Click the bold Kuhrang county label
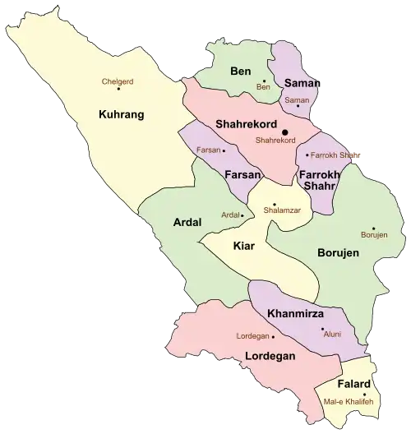click(121, 114)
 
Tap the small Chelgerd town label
click(117, 81)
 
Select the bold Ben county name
click(241, 72)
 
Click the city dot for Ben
click(264, 81)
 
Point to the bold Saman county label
click(302, 83)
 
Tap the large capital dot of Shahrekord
click(285, 132)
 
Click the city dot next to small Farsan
click(224, 151)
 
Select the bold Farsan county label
click(243, 175)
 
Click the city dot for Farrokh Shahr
click(307, 155)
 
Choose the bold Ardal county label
click(187, 222)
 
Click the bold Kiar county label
click(244, 246)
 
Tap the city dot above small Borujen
click(373, 229)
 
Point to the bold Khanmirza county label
click(294, 314)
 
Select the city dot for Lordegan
click(273, 336)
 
